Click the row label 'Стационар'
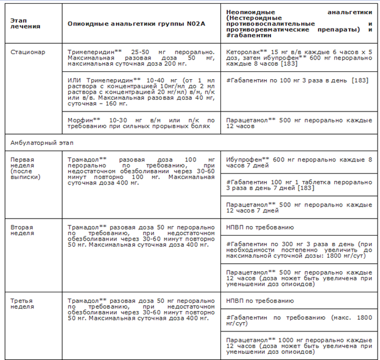click(28, 52)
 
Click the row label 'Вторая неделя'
click(22, 230)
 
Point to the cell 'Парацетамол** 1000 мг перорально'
click(298, 345)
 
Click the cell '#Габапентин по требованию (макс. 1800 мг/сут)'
click(298, 320)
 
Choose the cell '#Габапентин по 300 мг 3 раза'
click(298, 250)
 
